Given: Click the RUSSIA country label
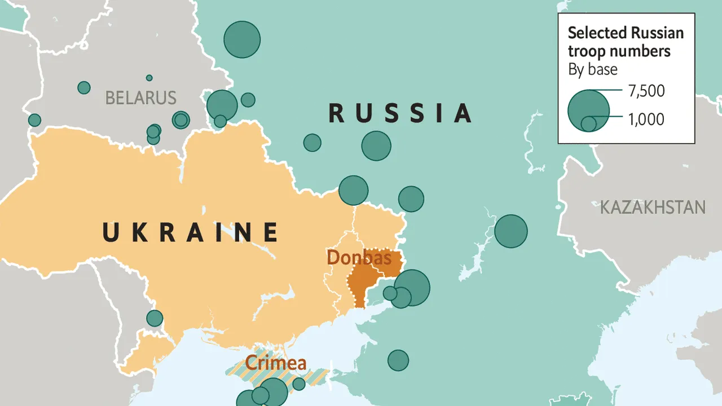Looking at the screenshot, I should click(x=400, y=113).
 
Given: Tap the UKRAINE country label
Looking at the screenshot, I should click(x=191, y=232).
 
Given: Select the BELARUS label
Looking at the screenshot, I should click(x=141, y=98).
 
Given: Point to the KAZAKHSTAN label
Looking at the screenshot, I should click(x=653, y=207).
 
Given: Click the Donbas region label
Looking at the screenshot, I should click(x=359, y=258).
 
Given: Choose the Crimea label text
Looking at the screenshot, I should click(x=276, y=363).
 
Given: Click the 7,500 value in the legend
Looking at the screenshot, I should click(x=646, y=90).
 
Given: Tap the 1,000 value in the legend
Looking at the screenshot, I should click(x=645, y=119).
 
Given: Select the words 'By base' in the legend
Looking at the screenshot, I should click(x=592, y=69).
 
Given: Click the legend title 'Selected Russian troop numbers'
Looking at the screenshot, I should click(x=625, y=42).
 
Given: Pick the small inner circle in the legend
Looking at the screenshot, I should click(x=588, y=123).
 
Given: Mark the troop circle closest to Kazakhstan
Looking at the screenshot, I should click(x=511, y=231).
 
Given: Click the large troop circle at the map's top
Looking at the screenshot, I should click(x=242, y=39).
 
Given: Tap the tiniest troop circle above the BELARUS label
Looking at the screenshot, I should click(x=149, y=78).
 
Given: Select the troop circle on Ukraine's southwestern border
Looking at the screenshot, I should click(x=155, y=318).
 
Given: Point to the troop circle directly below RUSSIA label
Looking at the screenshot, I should click(x=376, y=146).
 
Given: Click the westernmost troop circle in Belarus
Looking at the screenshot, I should click(x=34, y=120).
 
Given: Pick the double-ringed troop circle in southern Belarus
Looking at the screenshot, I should click(x=180, y=120).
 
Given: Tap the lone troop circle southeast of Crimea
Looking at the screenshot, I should click(x=398, y=360).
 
